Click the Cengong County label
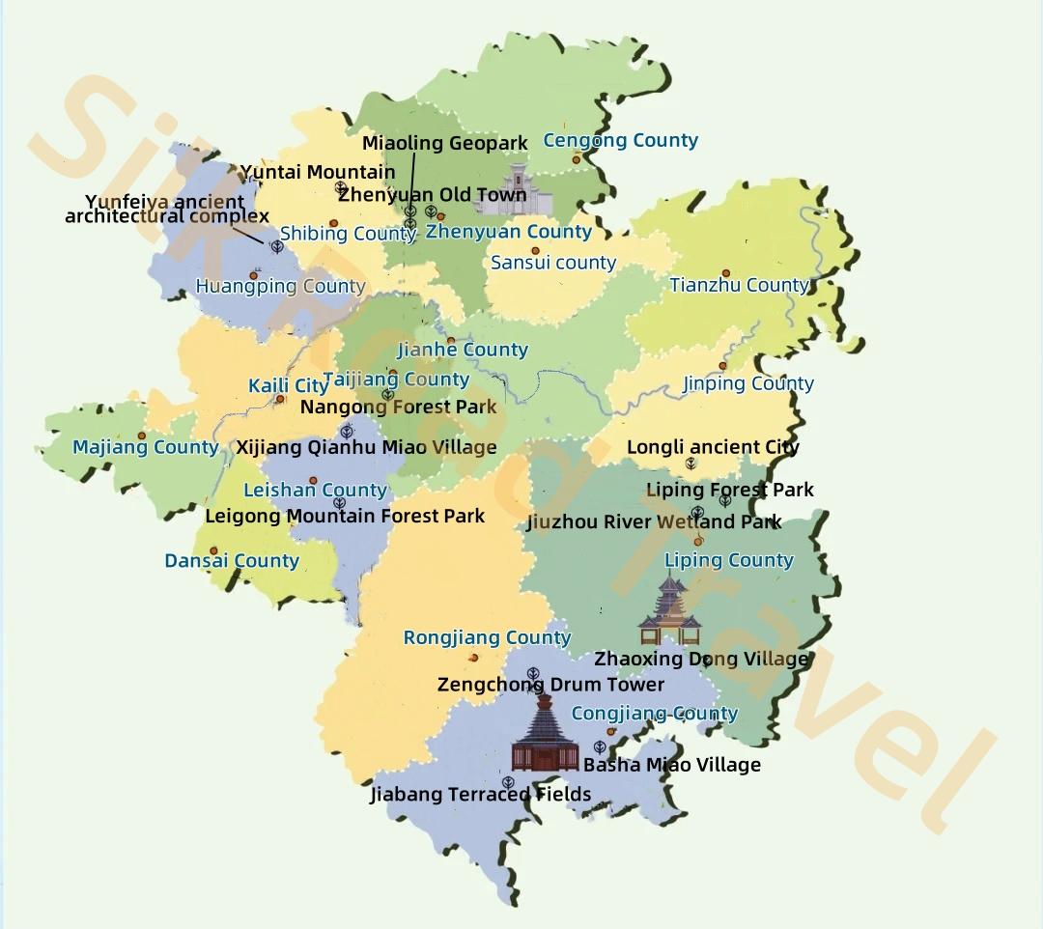coord(620,140)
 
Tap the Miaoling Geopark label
coord(445,144)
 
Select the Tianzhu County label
coord(739,285)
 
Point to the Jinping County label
coord(748,383)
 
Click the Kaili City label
coord(288,386)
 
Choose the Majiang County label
coord(146,447)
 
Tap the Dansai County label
coord(232,561)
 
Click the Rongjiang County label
coord(487,638)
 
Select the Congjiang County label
coord(654,714)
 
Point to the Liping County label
coord(728,560)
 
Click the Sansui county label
coord(553,263)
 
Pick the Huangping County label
coord(280,286)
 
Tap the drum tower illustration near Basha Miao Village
coord(546,734)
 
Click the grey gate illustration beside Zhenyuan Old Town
coord(527,191)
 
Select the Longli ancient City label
coord(713,447)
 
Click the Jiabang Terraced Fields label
coord(480,795)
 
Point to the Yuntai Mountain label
coord(318,173)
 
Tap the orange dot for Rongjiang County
coord(473,658)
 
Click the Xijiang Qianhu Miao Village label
coord(366,447)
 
